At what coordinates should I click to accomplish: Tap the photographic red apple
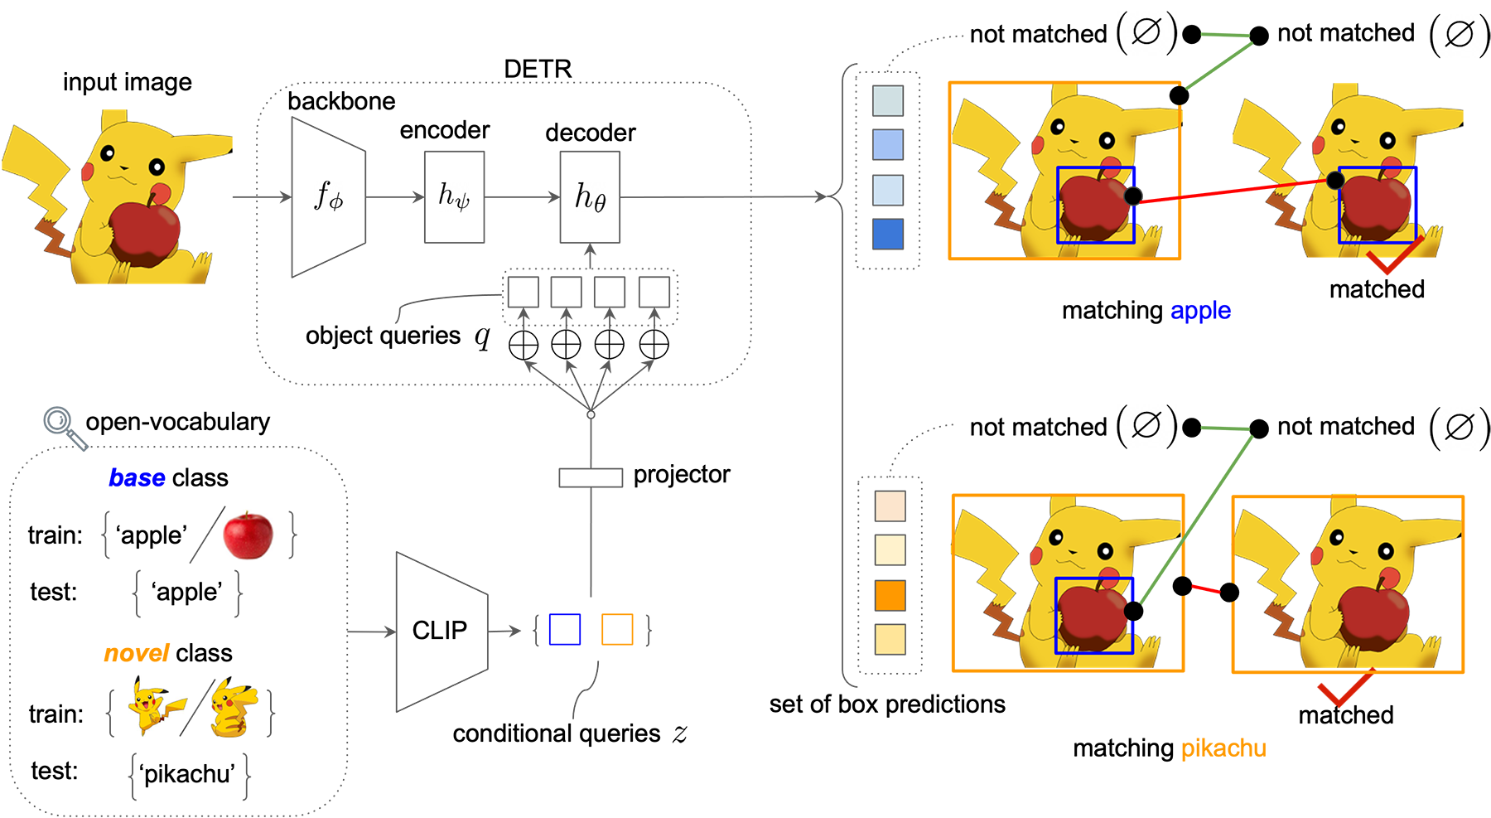point(248,535)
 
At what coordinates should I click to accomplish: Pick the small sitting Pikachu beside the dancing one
point(233,708)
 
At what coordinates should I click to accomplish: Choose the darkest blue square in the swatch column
point(888,234)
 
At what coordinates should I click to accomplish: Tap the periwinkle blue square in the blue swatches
point(888,145)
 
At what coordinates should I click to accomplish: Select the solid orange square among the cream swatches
point(890,595)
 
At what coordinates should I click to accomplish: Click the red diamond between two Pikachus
point(1206,589)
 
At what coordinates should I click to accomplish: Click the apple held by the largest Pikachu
point(144,233)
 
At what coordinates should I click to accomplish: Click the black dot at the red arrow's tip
point(1334,181)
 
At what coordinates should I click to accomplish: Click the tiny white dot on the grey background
point(591,414)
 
